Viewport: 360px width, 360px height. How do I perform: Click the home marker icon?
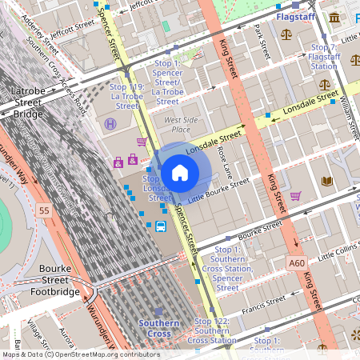pos(180,172)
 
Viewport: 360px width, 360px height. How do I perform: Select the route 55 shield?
pos(44,210)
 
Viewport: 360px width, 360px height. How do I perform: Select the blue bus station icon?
pos(160,226)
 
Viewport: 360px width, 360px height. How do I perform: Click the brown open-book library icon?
pos(326,182)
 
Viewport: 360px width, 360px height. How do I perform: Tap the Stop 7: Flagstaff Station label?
pos(324,57)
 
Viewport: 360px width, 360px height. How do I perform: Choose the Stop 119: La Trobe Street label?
pos(126,96)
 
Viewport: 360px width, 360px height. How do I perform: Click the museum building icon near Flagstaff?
pos(333,18)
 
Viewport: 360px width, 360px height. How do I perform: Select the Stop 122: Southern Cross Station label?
pos(214,330)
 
